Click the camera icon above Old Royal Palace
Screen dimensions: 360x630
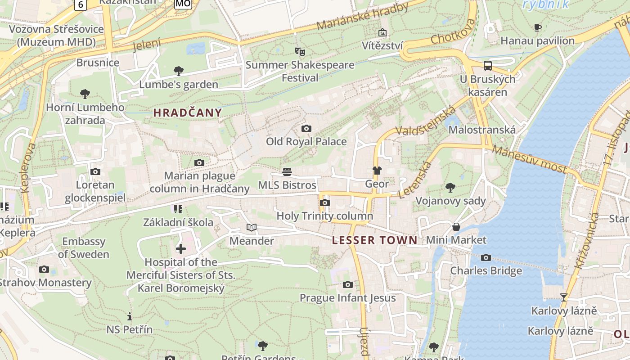[306, 129]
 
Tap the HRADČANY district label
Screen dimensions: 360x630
[188, 113]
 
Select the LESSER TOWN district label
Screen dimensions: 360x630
[375, 240]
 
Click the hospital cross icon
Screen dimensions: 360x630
[180, 249]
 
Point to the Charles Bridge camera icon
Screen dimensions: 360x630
[486, 258]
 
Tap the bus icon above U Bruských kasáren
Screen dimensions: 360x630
[488, 66]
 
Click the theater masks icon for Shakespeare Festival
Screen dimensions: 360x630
[300, 52]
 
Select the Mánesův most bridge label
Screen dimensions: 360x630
[529, 159]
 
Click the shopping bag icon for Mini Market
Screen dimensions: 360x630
[456, 227]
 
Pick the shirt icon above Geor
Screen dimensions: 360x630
[377, 171]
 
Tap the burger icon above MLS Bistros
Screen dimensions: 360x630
[287, 172]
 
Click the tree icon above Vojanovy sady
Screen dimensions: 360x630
[450, 188]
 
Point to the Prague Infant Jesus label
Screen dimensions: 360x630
[348, 298]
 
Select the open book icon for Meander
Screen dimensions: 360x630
[252, 228]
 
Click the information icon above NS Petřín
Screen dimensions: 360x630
[130, 316]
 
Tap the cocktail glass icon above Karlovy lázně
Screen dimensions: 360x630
[563, 297]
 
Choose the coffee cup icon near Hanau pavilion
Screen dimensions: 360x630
[538, 28]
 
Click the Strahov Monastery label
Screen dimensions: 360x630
[45, 283]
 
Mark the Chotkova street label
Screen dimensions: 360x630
[453, 32]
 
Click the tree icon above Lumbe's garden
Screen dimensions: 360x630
[179, 71]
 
